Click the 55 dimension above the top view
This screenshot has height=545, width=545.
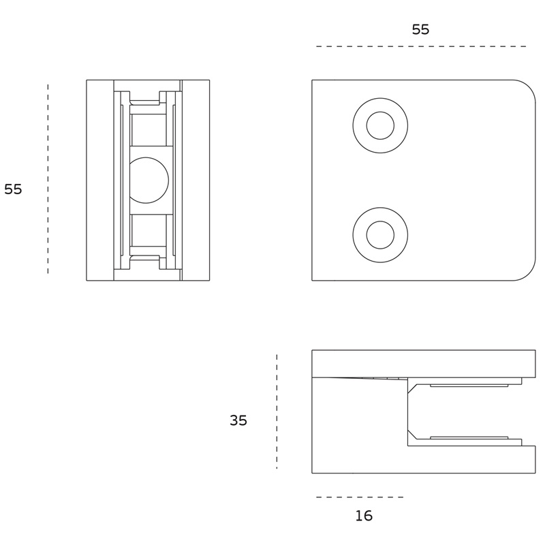420,29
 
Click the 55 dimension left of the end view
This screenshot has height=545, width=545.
13,189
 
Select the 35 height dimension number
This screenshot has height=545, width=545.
238,420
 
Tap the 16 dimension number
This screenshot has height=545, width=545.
364,516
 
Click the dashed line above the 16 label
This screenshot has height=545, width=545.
360,497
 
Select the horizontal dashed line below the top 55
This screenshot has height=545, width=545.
421,46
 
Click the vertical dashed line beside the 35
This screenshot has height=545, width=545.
277,411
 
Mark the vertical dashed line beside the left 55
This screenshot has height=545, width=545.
48,178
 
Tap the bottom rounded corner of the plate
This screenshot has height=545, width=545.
529,274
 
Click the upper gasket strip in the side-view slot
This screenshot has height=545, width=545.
469,386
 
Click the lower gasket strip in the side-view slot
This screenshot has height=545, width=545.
469,437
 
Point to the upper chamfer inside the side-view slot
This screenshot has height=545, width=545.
413,388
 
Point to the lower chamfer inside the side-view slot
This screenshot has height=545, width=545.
413,435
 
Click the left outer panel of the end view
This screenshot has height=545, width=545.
100,180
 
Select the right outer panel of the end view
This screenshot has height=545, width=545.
196,180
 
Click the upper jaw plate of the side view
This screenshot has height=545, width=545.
423,364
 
